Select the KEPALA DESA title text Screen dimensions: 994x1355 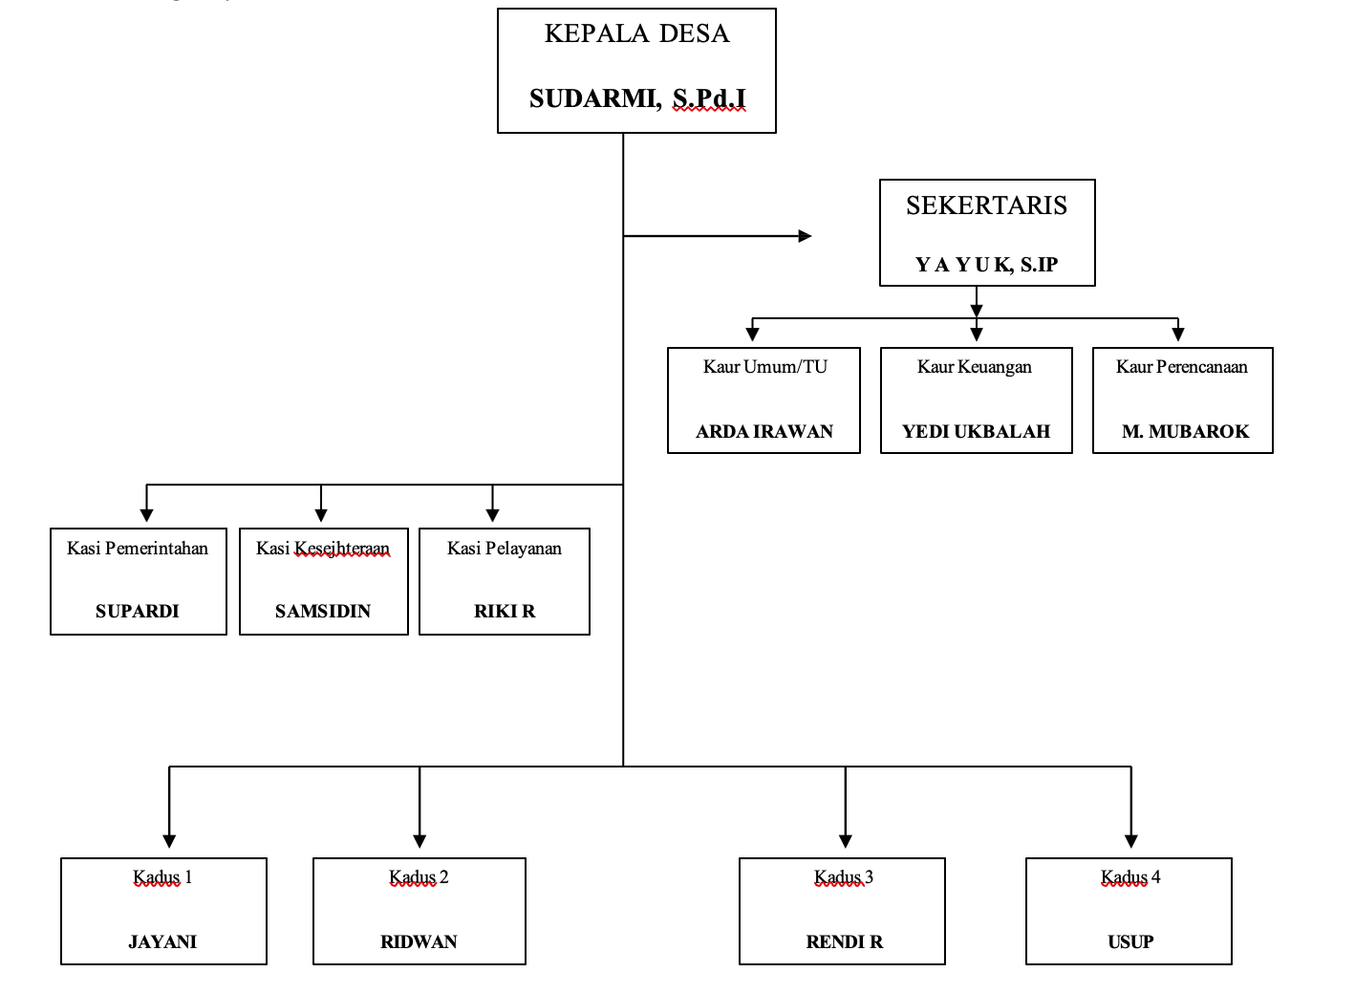(636, 33)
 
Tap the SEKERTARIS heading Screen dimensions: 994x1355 (986, 205)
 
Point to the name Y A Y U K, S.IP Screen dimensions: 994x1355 (986, 265)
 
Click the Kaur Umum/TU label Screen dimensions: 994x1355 (764, 367)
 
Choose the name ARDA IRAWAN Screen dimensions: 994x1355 (764, 431)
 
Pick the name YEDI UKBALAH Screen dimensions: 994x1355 (976, 431)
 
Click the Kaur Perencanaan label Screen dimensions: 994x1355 (1181, 367)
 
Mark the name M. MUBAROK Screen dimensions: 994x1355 (1185, 431)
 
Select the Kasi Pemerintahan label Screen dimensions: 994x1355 (138, 549)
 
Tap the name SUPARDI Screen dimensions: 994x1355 (138, 611)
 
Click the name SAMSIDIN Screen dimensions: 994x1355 (323, 611)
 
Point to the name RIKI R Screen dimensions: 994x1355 (505, 611)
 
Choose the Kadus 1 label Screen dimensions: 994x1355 (162, 877)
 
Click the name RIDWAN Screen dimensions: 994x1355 (419, 941)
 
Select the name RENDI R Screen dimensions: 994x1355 (845, 941)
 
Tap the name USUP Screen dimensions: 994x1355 (1130, 941)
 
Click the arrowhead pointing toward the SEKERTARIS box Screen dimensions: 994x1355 (805, 236)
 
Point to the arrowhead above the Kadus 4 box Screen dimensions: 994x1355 (1131, 841)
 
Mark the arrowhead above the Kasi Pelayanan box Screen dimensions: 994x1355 (493, 515)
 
